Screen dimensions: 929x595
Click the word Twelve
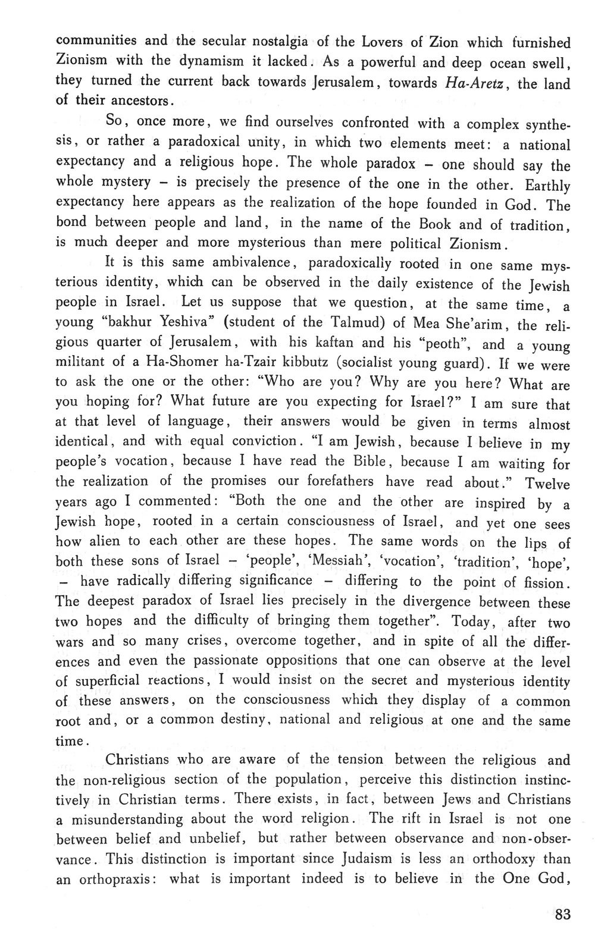(547, 484)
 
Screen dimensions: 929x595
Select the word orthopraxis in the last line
(118, 880)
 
